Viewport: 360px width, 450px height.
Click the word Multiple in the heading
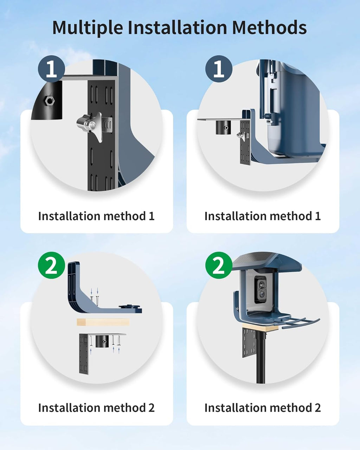[x=88, y=28]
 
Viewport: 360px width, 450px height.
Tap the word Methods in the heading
[x=269, y=27]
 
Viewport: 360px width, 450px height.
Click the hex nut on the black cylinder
[x=50, y=101]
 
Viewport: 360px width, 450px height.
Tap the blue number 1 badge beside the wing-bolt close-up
[x=51, y=69]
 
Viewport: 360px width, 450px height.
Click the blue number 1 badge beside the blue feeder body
[x=219, y=69]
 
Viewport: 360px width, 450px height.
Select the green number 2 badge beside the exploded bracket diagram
[x=51, y=265]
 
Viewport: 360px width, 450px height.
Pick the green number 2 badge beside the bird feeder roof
[x=219, y=265]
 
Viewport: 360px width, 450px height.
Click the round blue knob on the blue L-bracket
[x=129, y=307]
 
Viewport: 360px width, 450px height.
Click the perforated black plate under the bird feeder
[x=249, y=342]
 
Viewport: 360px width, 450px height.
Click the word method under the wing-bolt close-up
[x=123, y=216]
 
